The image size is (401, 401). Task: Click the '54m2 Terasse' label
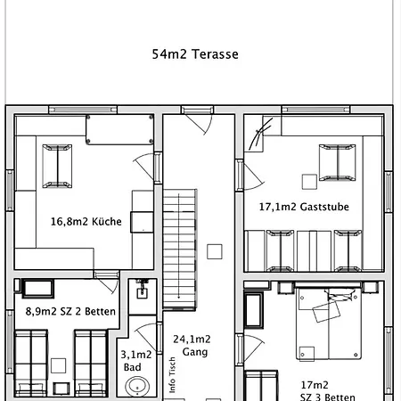coord(195,54)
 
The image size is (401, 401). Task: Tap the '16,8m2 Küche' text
coord(86,222)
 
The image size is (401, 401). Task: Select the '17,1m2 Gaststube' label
coord(304,207)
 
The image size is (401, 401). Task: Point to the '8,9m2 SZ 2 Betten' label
coord(70,311)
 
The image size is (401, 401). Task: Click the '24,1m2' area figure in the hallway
coord(192,340)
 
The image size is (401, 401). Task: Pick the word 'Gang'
coord(195,352)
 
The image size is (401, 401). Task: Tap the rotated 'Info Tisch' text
coord(172,375)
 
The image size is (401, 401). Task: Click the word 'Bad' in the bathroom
coord(132,367)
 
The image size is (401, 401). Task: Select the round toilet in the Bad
coord(137,387)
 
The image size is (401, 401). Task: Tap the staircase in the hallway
coord(179,249)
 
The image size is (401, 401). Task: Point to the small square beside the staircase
coord(215,251)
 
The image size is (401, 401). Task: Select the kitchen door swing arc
coord(144,166)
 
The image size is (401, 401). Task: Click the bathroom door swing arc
coord(146,338)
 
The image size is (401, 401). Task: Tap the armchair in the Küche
coord(57,166)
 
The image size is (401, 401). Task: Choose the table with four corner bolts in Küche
coord(119,130)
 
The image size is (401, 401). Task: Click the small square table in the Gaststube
coord(309,182)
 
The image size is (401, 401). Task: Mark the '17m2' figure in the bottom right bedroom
coord(315,385)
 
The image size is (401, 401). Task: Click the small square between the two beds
coord(58,365)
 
